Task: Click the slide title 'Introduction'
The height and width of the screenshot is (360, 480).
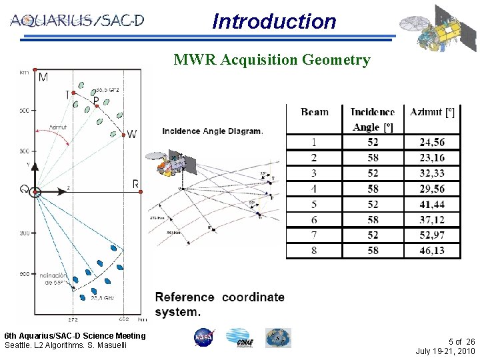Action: (x=274, y=21)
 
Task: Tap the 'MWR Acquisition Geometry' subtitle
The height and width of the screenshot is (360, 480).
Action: (x=271, y=60)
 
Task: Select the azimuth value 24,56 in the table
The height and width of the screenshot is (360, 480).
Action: (x=432, y=142)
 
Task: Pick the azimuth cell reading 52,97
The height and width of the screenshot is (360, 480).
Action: (x=432, y=235)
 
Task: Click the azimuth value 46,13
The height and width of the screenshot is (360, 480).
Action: (x=432, y=251)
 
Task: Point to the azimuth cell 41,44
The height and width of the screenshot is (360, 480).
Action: (x=432, y=204)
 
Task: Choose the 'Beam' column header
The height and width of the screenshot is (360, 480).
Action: (x=314, y=112)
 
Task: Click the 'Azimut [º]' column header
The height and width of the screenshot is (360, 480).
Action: (x=433, y=112)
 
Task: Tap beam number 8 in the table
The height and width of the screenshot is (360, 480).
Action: (x=314, y=251)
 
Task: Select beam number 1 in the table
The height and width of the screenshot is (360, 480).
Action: (x=314, y=142)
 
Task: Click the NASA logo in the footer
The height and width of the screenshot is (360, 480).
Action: (x=203, y=338)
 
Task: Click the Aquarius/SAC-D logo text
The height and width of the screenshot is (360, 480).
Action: (x=77, y=21)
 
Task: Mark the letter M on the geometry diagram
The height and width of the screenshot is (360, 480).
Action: (x=43, y=78)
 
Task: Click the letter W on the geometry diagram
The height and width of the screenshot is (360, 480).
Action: (x=132, y=134)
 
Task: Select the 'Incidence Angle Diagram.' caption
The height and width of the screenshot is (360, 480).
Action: (x=213, y=131)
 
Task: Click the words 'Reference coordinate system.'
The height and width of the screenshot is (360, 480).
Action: (x=219, y=304)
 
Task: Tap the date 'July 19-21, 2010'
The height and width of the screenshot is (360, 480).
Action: (x=445, y=351)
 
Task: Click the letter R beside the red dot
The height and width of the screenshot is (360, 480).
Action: (x=135, y=184)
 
